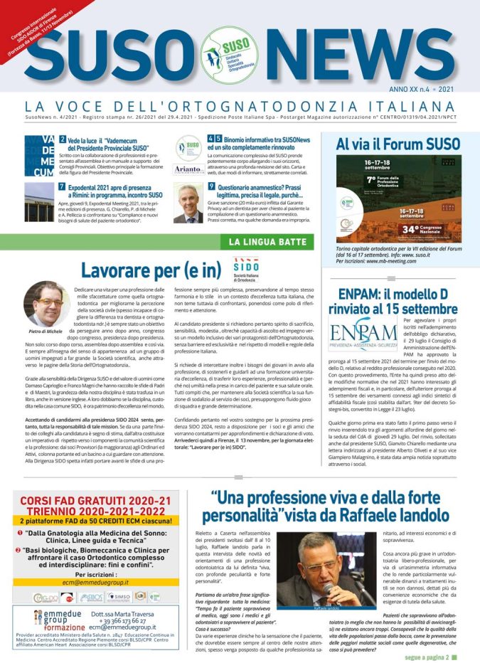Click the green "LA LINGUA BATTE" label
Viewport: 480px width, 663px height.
[x=267, y=242]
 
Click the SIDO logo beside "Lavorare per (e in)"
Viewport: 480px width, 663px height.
[x=247, y=270]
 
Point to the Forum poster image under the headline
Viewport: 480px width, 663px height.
[x=398, y=199]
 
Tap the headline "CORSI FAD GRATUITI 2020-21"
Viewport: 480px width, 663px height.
[x=95, y=502]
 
